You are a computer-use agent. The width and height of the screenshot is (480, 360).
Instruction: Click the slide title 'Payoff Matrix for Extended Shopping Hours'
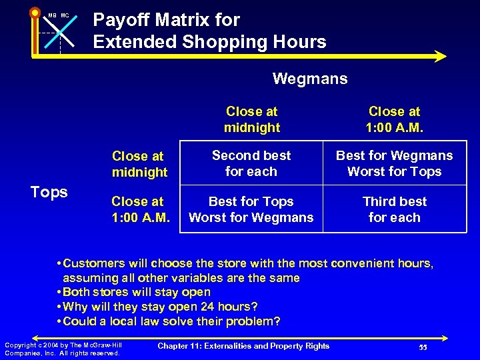point(209,31)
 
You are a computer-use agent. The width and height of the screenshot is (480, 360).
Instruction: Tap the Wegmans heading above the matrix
point(310,79)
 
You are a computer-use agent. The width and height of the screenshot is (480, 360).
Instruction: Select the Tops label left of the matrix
point(49,192)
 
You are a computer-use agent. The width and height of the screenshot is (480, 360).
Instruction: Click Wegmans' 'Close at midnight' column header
point(252,119)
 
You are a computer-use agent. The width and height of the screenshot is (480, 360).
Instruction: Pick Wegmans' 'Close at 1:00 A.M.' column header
point(395,119)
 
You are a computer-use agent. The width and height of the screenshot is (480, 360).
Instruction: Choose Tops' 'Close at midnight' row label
point(139,164)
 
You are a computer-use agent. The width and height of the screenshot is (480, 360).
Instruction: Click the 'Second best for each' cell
point(251,163)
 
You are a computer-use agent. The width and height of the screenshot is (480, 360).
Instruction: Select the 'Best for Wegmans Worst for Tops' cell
point(394,163)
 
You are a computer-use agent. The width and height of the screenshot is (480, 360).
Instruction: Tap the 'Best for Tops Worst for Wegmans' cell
point(251,209)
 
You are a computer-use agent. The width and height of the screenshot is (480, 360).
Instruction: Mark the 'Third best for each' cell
point(394,209)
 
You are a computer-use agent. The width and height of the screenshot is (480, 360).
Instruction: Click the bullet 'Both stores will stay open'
point(136,292)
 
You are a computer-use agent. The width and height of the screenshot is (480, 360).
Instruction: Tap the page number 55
point(423,348)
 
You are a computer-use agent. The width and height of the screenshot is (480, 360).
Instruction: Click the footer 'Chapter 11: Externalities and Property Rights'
point(243,345)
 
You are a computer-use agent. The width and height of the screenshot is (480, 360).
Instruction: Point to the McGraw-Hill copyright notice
point(63,349)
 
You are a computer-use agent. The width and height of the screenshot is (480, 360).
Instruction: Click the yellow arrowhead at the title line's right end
point(440,57)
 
